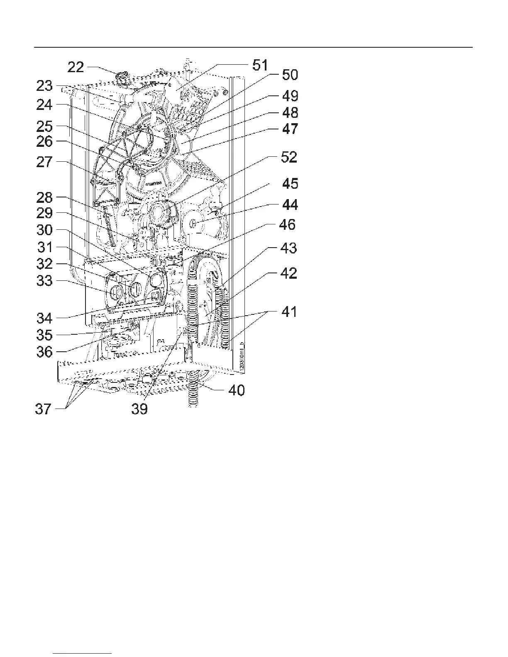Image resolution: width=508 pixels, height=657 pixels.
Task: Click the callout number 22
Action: click(x=76, y=67)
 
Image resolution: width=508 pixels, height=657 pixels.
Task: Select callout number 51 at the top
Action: click(x=260, y=66)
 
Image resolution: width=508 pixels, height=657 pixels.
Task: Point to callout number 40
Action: click(x=237, y=390)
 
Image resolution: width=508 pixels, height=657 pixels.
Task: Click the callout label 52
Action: click(x=289, y=157)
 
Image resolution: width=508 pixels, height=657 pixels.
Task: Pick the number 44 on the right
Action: click(x=289, y=205)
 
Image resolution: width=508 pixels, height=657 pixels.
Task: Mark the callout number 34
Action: click(x=44, y=318)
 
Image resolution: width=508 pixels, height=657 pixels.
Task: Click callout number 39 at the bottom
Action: click(x=139, y=409)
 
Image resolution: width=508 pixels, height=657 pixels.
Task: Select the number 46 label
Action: click(x=287, y=225)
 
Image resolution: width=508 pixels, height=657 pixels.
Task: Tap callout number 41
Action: click(x=289, y=311)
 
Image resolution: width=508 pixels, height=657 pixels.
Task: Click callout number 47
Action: click(x=290, y=129)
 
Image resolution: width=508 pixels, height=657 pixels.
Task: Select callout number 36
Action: click(x=44, y=352)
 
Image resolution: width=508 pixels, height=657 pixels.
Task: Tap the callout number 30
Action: click(x=44, y=230)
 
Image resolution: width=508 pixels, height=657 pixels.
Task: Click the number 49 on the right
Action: click(x=290, y=96)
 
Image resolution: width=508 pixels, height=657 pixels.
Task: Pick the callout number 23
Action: click(x=44, y=86)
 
